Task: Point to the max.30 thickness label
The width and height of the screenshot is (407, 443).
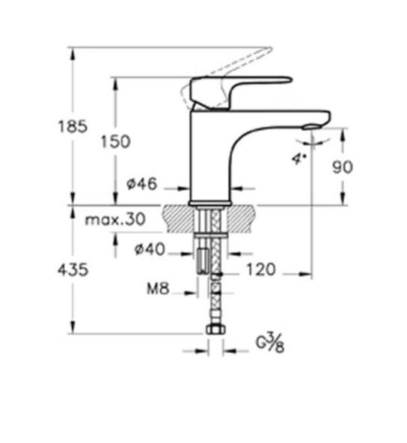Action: click(x=114, y=220)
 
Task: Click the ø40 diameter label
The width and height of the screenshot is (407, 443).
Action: click(x=150, y=250)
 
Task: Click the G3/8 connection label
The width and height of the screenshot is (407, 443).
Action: click(x=270, y=343)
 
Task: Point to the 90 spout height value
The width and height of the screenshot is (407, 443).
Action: click(x=342, y=167)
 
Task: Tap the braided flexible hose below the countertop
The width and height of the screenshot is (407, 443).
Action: click(x=215, y=299)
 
